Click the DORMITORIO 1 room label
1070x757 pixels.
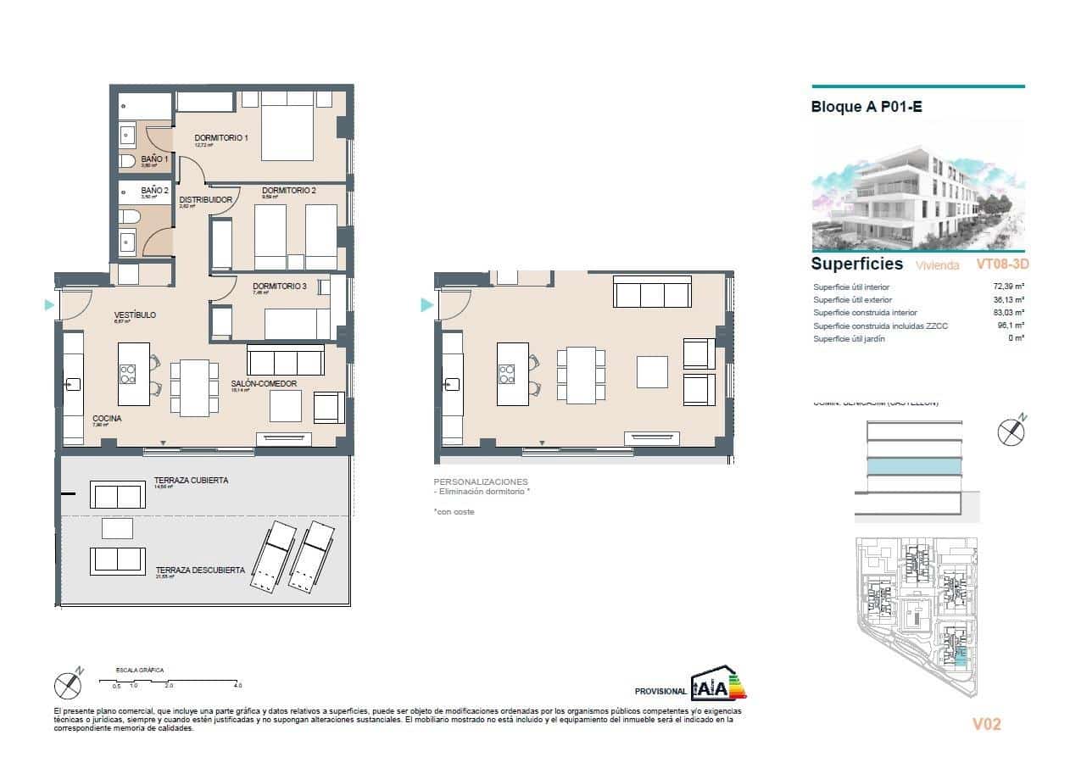(220, 138)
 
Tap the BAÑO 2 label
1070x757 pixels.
(154, 191)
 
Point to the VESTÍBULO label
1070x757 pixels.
(135, 315)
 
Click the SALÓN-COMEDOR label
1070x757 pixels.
(264, 384)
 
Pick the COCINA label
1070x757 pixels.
(107, 419)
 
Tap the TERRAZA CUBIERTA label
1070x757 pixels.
(191, 481)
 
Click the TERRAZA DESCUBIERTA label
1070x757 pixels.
(200, 571)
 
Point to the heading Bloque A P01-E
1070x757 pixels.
(866, 108)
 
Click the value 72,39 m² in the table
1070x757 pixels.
(1008, 287)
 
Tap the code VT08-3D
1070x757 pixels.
(1002, 264)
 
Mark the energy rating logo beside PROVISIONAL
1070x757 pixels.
(718, 683)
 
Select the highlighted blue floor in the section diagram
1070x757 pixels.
(914, 467)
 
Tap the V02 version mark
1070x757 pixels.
(986, 724)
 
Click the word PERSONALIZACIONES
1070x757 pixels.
(480, 481)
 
